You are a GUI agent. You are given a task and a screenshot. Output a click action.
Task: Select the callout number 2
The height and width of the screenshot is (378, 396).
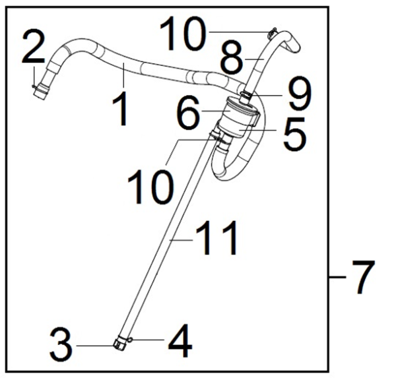(x=34, y=46)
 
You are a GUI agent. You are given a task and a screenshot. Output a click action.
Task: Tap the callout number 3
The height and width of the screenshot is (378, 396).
(x=61, y=344)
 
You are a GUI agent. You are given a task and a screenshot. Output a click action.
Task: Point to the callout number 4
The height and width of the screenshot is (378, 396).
(x=179, y=340)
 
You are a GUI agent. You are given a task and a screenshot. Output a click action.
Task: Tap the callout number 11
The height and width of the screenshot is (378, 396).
(x=216, y=237)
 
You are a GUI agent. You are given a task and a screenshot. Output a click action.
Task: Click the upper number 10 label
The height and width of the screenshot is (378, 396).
(x=181, y=33)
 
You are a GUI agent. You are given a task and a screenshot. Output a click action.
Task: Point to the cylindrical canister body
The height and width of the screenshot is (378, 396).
(x=239, y=118)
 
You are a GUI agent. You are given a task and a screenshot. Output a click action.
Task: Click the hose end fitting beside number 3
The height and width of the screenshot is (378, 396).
(x=119, y=344)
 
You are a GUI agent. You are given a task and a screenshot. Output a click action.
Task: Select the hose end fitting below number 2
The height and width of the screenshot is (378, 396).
(x=41, y=93)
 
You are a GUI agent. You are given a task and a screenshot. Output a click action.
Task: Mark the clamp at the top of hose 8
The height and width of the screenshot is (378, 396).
(x=272, y=33)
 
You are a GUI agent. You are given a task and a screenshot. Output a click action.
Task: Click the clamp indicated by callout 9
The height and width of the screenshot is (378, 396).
(x=245, y=95)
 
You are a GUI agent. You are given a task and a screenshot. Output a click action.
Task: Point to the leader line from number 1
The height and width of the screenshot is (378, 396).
(x=124, y=76)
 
